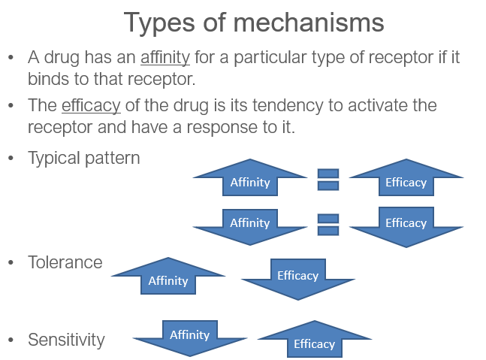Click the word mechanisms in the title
click(309, 23)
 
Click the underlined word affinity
click(165, 58)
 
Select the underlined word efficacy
click(91, 106)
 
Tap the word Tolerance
click(65, 262)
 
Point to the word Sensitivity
click(66, 340)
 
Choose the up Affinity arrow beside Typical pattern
click(250, 177)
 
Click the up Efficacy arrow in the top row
click(406, 177)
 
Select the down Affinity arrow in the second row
click(250, 227)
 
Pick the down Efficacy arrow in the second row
click(406, 227)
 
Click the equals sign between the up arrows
click(328, 180)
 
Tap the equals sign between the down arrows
click(328, 225)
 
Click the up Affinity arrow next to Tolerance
click(168, 276)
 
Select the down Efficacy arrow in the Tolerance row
click(298, 280)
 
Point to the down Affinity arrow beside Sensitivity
click(190, 338)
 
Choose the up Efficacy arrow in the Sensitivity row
click(315, 339)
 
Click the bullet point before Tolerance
click(11, 262)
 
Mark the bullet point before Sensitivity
click(11, 340)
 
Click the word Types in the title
click(159, 23)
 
